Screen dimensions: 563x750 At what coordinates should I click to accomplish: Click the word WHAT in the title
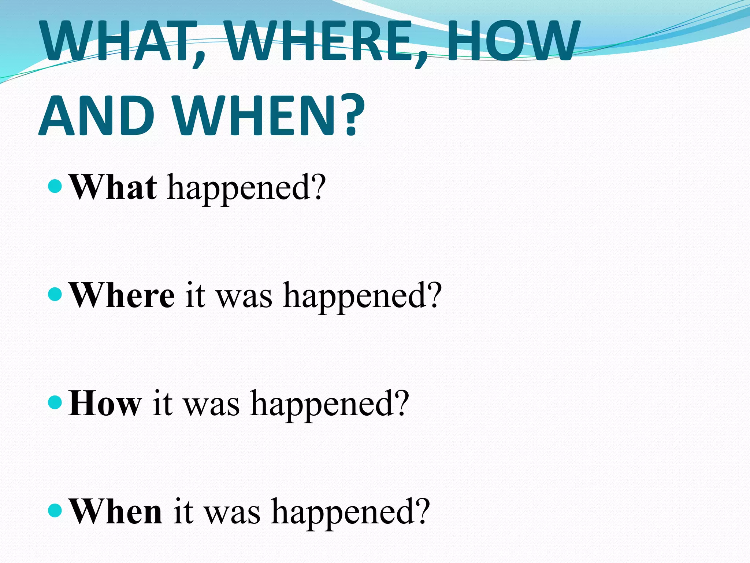117,41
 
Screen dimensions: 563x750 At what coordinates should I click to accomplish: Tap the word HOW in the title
513,41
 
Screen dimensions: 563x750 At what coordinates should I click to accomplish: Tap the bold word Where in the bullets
122,295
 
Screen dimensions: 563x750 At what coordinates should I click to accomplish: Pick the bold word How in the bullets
105,403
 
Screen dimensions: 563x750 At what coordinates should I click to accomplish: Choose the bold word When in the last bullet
116,511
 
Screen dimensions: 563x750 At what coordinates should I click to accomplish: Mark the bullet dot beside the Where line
55,294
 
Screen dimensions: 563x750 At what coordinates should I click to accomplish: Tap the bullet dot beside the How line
55,402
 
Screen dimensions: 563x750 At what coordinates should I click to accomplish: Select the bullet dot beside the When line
55,510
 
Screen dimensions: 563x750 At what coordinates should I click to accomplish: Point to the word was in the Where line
245,296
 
